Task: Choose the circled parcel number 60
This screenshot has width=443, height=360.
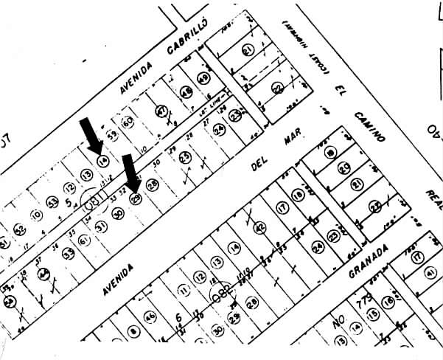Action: (x=127, y=120)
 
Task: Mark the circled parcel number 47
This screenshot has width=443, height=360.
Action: (x=161, y=111)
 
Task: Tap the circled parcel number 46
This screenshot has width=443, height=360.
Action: (x=150, y=317)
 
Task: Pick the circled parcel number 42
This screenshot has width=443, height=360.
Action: (x=259, y=229)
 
